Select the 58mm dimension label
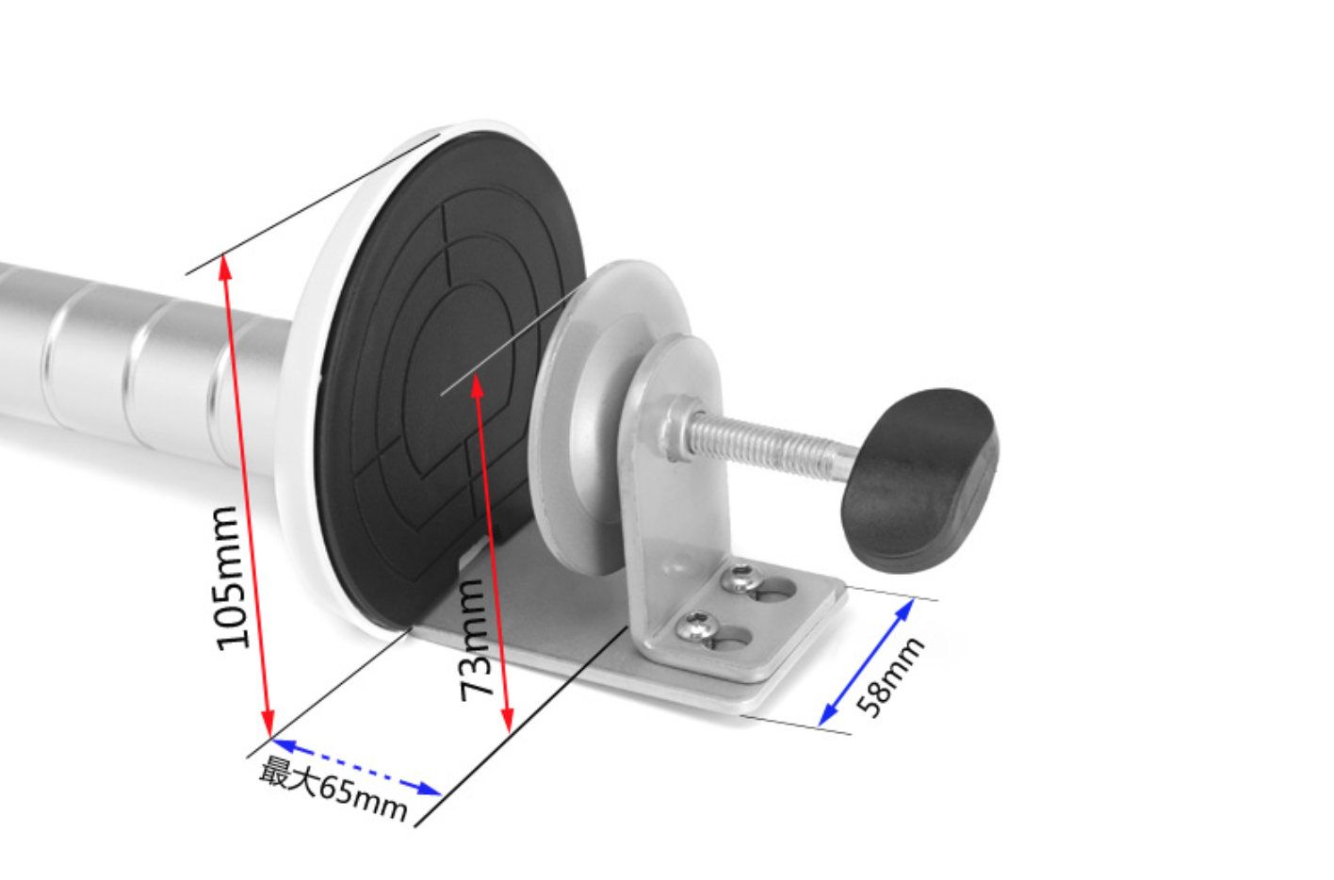click(x=889, y=678)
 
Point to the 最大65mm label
click(x=333, y=789)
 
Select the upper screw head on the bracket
click(x=740, y=579)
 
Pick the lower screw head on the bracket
click(x=694, y=626)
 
